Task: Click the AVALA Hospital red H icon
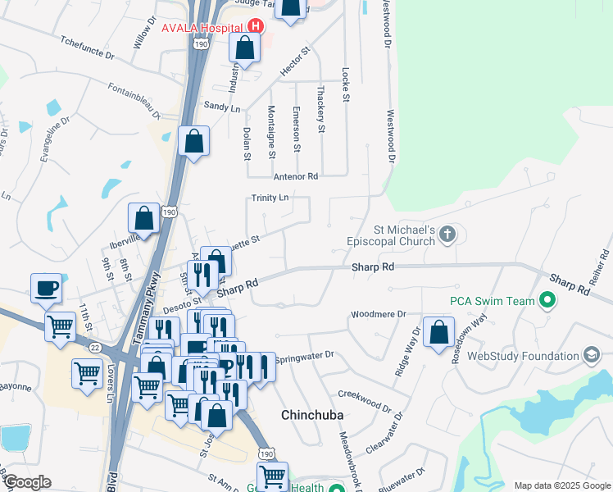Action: [256, 25]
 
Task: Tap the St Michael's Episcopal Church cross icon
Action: [447, 235]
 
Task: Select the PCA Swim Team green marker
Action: [547, 301]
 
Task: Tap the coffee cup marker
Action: [47, 289]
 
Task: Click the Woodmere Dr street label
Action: [379, 314]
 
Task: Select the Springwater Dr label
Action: [305, 356]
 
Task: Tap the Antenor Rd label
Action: [295, 176]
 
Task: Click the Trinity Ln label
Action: [270, 198]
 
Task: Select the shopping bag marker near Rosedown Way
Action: [439, 332]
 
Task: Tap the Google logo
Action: [27, 482]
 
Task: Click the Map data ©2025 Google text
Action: [561, 485]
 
